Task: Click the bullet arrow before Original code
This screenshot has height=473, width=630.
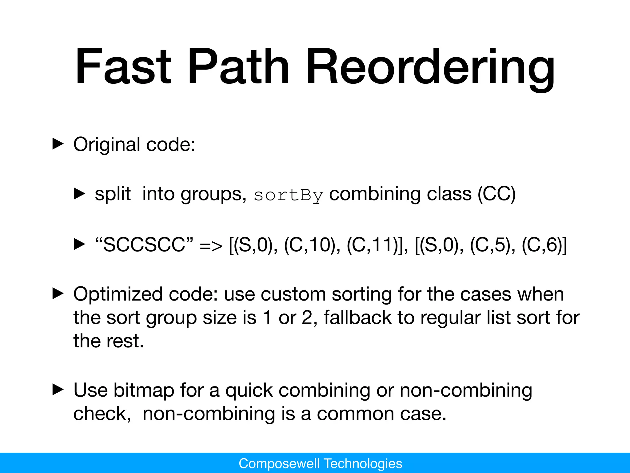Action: click(x=58, y=144)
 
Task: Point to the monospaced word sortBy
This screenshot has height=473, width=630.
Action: click(x=288, y=195)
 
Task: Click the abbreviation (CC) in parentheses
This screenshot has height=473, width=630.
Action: click(x=496, y=194)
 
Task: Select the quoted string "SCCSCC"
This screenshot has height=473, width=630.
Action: click(x=144, y=245)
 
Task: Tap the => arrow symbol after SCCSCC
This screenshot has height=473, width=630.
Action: click(x=211, y=246)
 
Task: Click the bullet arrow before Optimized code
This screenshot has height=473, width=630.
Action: click(x=58, y=294)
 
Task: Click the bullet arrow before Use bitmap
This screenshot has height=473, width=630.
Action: click(x=58, y=390)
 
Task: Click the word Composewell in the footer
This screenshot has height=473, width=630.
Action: click(x=279, y=463)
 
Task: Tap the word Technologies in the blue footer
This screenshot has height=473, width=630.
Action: click(x=363, y=463)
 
